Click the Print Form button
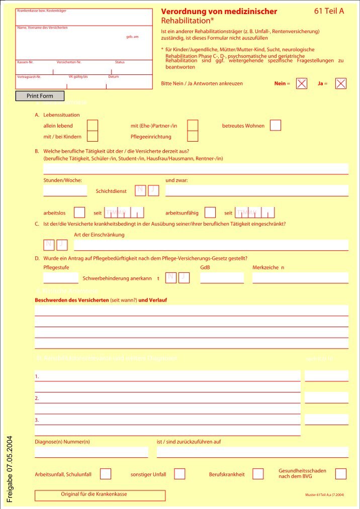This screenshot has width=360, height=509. click(40, 95)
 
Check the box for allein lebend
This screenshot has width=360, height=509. click(93, 126)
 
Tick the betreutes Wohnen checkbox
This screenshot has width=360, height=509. click(276, 126)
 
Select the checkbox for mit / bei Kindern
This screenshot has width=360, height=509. click(93, 136)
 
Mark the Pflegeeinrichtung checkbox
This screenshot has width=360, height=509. click(193, 136)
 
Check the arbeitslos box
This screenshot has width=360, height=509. click(79, 213)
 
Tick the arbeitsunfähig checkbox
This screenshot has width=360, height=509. click(210, 213)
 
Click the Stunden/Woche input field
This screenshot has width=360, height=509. click(65, 190)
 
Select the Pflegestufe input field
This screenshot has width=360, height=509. click(61, 277)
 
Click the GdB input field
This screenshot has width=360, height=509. click(222, 277)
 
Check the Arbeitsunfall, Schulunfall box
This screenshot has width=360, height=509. click(106, 474)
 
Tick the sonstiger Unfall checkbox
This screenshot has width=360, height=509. click(179, 474)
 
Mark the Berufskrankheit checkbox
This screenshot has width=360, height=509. click(258, 474)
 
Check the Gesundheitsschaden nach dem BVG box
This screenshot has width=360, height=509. click(341, 474)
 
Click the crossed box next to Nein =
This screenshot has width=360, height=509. click(302, 84)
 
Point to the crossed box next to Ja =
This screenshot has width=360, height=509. click(341, 84)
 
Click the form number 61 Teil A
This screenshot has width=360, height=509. click(329, 11)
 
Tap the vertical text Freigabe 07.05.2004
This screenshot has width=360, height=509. click(10, 468)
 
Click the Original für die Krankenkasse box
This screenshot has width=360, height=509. click(100, 495)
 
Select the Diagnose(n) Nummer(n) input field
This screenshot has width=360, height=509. click(92, 452)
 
